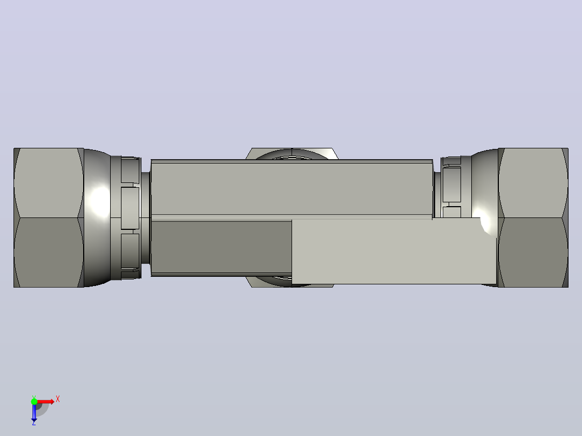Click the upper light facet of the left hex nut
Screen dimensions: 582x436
pyautogui.click(x=48, y=183)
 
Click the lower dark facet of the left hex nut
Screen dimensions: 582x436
pyautogui.click(x=48, y=253)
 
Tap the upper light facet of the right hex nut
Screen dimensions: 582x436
pyautogui.click(x=533, y=183)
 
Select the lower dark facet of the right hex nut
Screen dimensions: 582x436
pyautogui.click(x=533, y=253)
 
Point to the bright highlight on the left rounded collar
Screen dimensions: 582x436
pyautogui.click(x=99, y=201)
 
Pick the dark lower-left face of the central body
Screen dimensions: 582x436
pyautogui.click(x=221, y=247)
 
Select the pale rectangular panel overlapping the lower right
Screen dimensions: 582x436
pyautogui.click(x=394, y=251)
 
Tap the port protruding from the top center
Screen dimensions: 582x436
pyautogui.click(x=292, y=154)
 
